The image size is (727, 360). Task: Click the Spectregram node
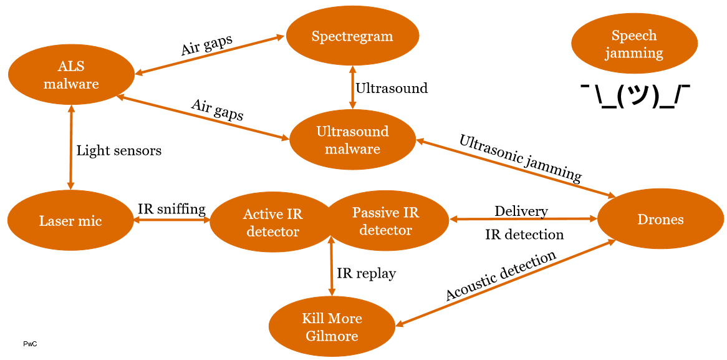[352, 36]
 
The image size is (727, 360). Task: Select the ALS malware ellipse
[71, 75]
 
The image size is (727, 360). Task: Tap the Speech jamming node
[633, 44]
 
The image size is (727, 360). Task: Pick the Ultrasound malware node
[352, 140]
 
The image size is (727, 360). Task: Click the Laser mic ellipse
[70, 220]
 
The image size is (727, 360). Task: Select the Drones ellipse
[660, 219]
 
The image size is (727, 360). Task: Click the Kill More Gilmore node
[331, 327]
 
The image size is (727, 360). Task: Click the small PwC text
[29, 344]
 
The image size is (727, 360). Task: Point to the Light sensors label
[118, 150]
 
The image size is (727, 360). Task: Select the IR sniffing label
[171, 209]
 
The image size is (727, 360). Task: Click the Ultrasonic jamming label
[520, 158]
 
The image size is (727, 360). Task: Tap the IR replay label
[366, 273]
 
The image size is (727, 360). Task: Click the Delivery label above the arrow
[521, 212]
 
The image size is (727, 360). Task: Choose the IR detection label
[524, 235]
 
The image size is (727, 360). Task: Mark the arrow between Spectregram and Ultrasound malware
[352, 87]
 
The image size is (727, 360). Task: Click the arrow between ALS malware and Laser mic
[71, 147]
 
